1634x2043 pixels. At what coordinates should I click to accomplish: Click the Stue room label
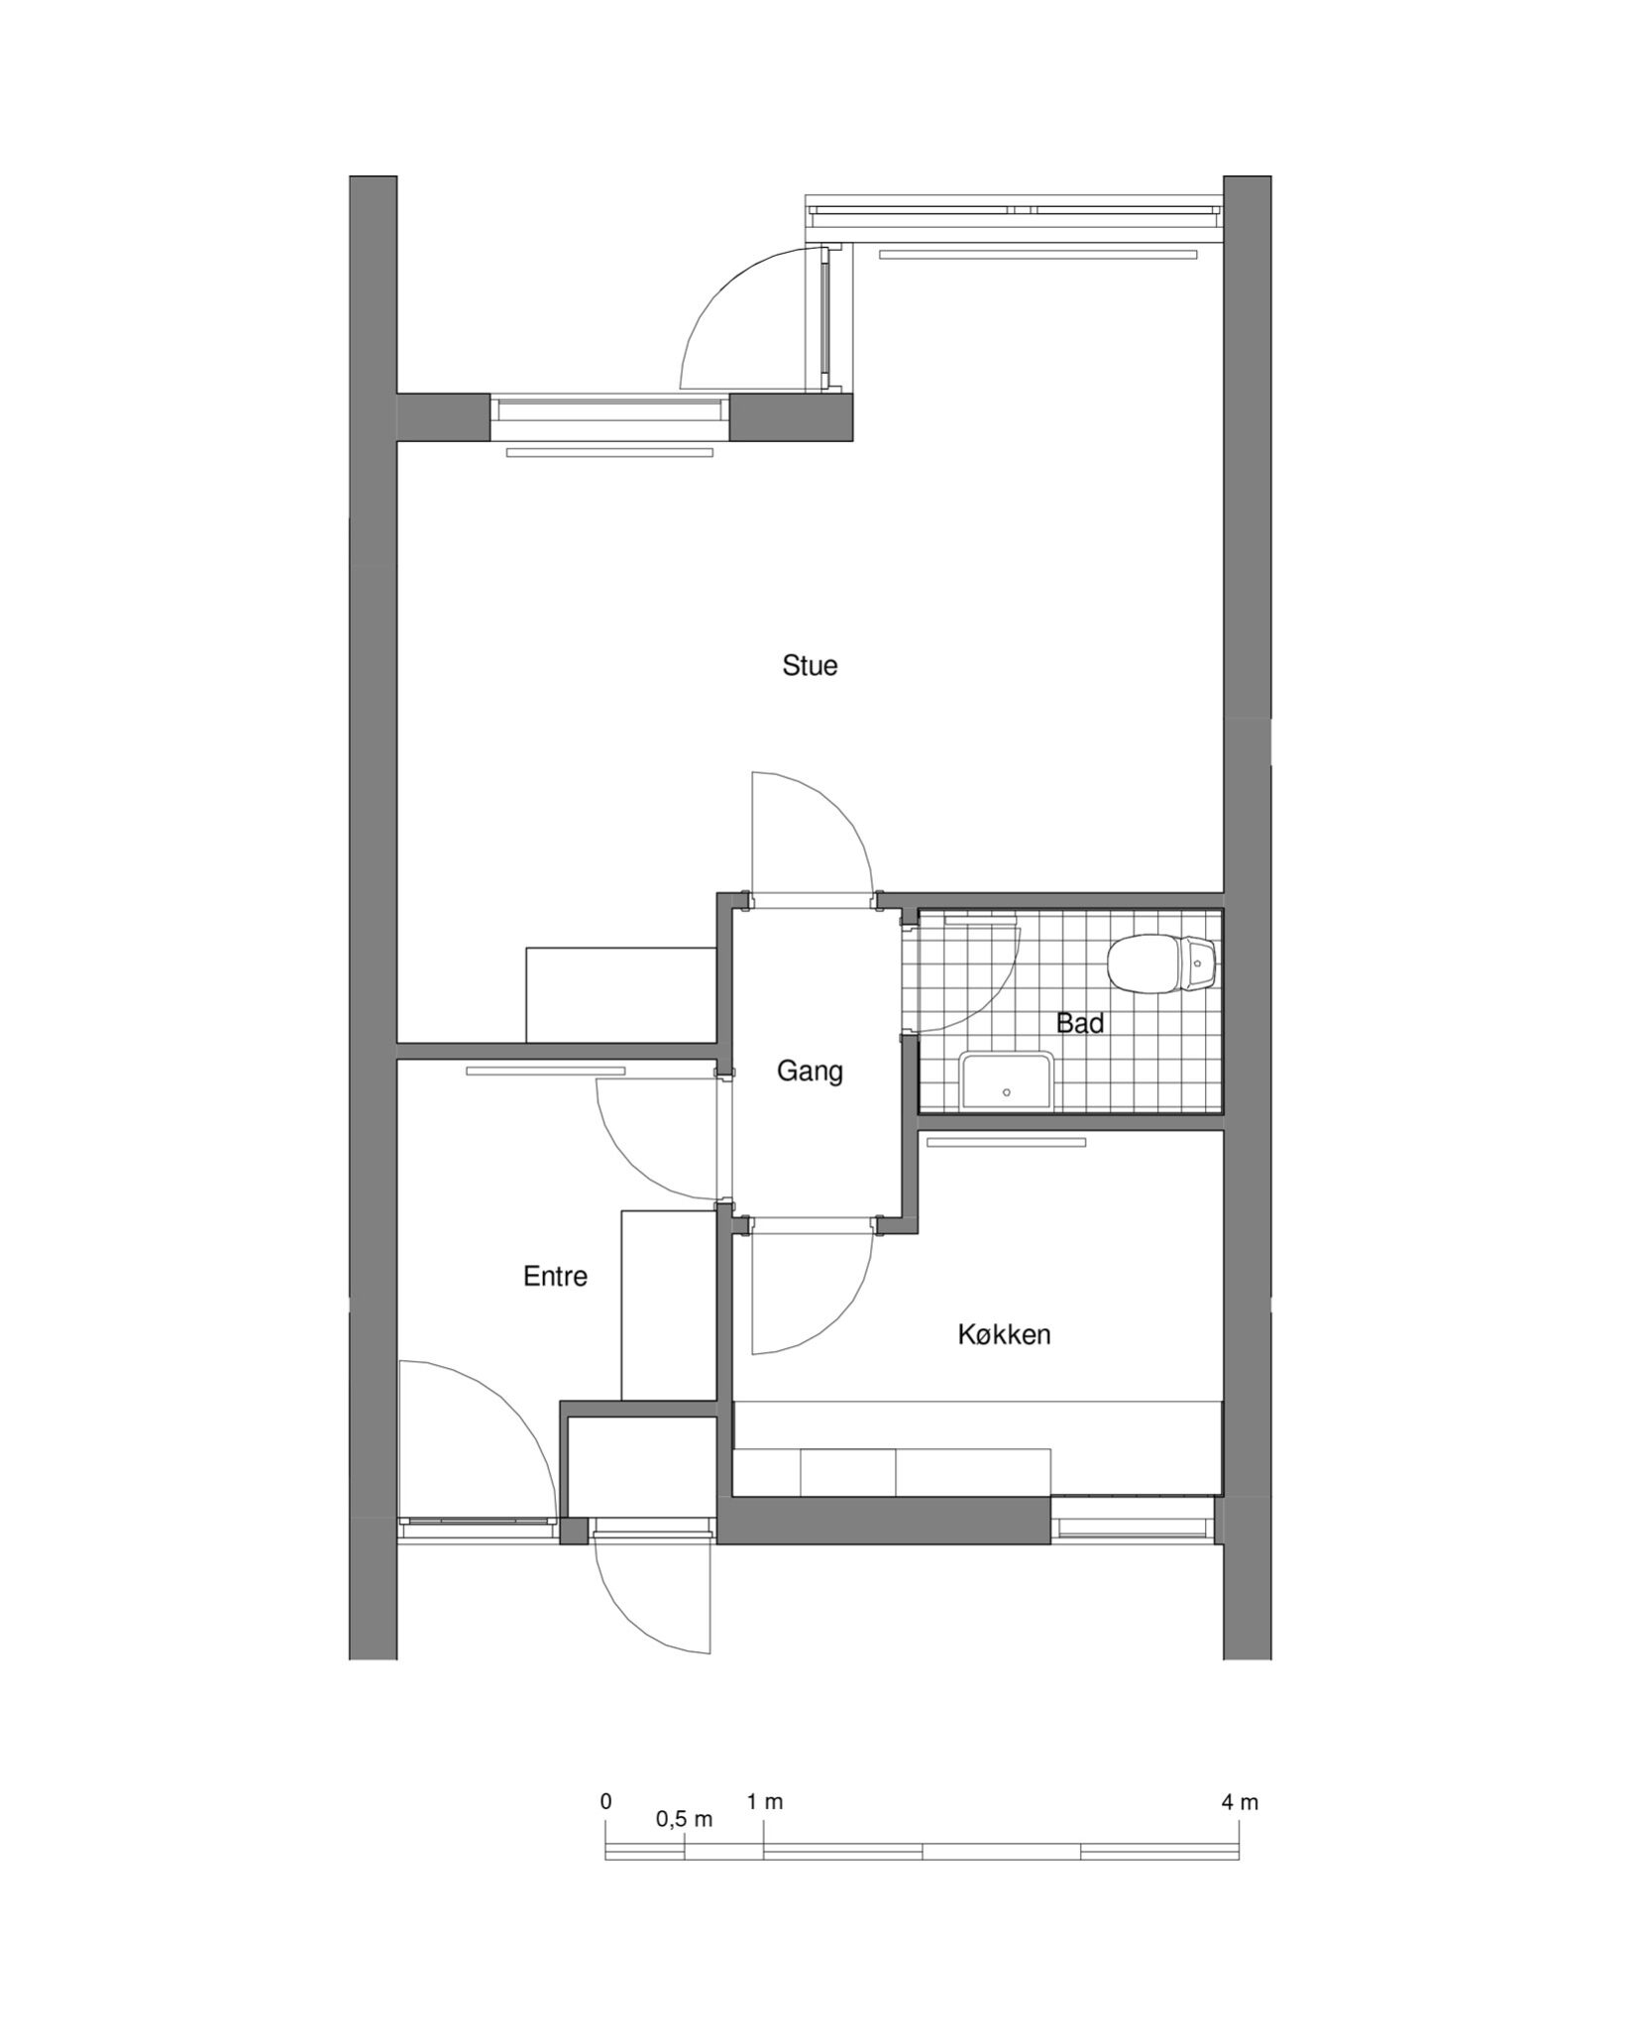point(810,665)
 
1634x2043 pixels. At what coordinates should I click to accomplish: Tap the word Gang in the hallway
point(810,1073)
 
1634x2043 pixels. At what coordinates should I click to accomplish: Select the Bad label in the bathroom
point(1080,1023)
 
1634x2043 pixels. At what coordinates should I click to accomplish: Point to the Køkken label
point(1004,1334)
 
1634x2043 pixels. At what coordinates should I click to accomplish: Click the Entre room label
point(555,1277)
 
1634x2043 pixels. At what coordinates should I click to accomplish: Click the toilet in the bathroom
point(1161,964)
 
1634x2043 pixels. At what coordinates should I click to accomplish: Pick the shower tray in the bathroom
point(1006,1082)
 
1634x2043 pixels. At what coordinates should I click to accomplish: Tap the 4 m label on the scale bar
point(1240,1802)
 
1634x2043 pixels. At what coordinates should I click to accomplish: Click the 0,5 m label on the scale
point(684,1820)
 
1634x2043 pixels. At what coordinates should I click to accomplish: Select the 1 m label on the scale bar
point(765,1802)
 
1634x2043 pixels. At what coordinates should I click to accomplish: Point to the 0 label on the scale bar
point(606,1801)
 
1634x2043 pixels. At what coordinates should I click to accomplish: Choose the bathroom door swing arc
point(996,1001)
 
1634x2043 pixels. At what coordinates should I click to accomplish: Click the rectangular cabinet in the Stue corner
point(621,994)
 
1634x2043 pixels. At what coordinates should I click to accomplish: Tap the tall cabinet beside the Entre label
point(669,1305)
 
